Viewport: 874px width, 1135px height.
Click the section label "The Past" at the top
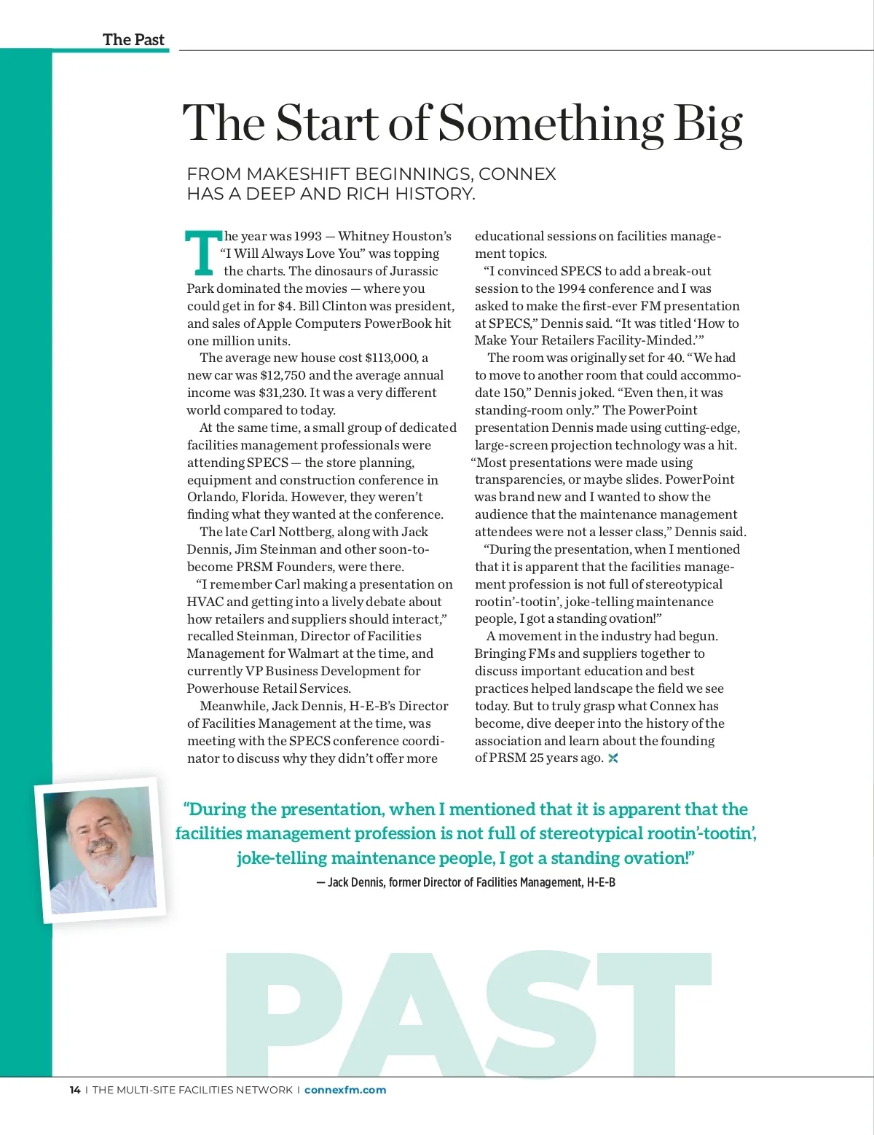133,39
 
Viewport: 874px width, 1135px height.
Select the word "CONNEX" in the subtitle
517,174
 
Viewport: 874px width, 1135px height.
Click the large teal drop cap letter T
203,253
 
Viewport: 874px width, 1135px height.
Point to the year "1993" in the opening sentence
308,236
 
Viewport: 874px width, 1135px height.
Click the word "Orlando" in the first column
211,497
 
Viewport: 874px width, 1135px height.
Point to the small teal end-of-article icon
613,758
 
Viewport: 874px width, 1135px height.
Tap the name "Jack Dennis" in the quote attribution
356,882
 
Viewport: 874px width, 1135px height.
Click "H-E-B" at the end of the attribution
601,882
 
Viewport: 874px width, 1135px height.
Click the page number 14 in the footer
74,1090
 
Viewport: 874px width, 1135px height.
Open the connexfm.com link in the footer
345,1090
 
